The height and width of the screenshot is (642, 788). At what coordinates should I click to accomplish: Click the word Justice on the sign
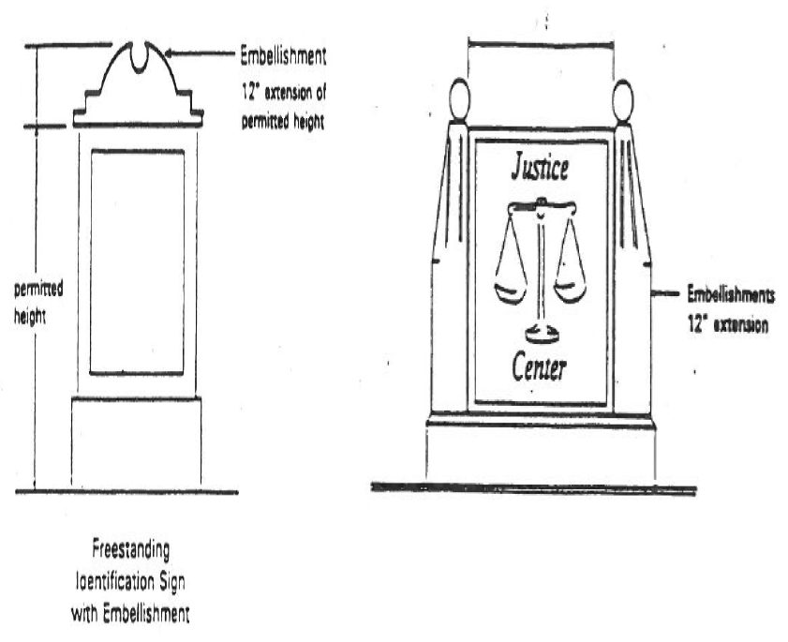point(539,170)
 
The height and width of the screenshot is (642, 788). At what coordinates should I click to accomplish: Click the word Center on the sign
point(539,368)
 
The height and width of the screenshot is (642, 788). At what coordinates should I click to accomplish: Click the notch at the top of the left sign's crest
point(142,58)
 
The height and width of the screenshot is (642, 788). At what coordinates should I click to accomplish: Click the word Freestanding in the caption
point(130,544)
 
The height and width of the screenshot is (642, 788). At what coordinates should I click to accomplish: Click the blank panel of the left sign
point(137,261)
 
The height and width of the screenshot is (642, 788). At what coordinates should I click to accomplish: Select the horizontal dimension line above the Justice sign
point(541,41)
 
